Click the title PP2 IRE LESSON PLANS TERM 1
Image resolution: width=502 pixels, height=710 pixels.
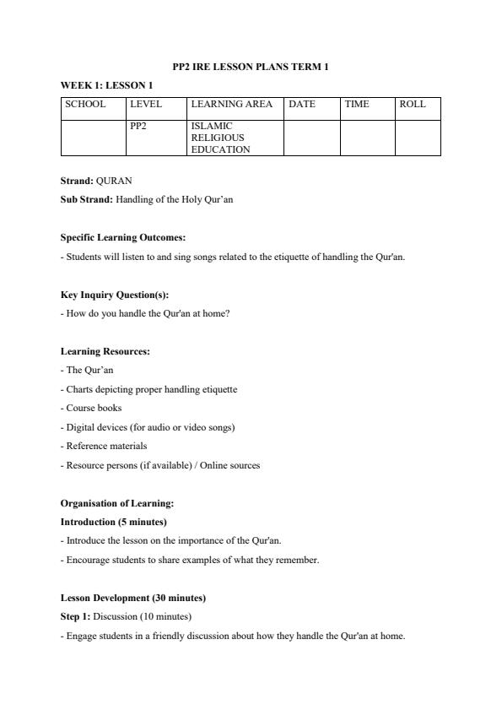251,67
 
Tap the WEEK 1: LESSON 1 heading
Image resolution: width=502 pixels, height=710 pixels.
106,85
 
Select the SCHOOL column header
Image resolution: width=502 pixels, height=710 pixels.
85,105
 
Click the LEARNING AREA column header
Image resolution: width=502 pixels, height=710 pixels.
231,105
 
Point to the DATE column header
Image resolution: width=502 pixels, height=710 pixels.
302,105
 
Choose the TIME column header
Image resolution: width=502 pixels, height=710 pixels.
357,105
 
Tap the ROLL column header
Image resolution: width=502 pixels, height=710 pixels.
413,105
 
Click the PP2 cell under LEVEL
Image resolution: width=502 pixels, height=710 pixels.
138,126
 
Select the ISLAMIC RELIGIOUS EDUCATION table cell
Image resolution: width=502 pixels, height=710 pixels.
221,138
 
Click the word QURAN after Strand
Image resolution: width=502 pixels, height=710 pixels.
114,181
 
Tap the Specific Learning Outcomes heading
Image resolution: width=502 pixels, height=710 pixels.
123,238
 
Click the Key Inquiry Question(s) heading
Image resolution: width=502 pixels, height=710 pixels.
115,295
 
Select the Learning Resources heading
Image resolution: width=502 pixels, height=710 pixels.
105,351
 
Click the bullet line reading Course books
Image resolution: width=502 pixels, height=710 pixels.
91,408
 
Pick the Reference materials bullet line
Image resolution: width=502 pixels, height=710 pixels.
104,446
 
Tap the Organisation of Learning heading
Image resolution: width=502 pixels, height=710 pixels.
117,503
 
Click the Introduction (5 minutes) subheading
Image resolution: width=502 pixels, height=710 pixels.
114,522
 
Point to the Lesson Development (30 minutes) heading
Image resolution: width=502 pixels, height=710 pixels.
133,598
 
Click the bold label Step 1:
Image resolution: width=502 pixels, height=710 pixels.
75,616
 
